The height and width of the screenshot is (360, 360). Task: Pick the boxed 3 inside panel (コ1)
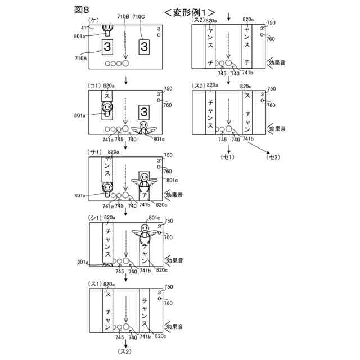pyautogui.click(x=144, y=111)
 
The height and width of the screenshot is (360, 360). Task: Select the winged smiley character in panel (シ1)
pyautogui.click(x=145, y=231)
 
